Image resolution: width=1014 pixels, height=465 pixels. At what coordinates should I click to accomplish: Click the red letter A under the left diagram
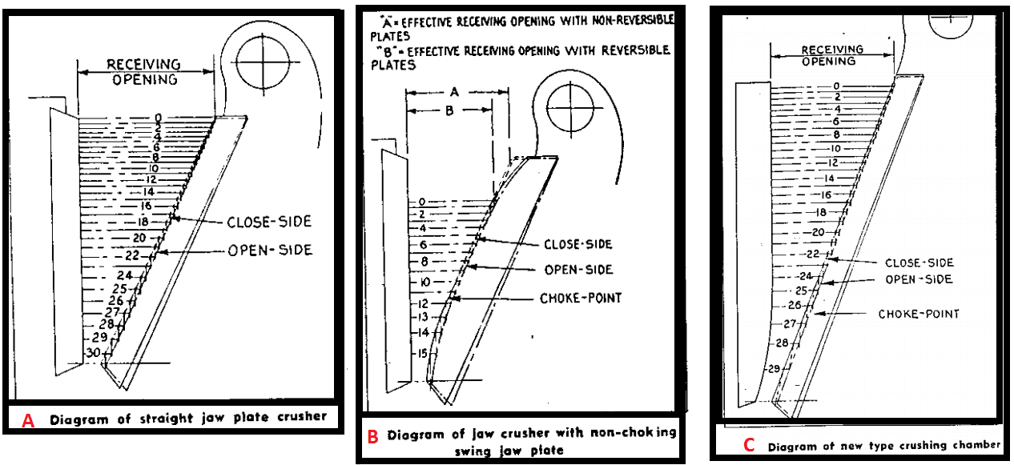(28, 420)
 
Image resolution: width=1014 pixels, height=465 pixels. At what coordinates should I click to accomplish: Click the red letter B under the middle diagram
(372, 437)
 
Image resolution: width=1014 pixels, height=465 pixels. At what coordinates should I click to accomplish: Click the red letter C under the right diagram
(748, 446)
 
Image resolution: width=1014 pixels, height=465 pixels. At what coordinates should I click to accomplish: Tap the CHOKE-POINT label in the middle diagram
(581, 299)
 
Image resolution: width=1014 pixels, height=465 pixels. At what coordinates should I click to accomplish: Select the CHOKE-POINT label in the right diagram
(918, 314)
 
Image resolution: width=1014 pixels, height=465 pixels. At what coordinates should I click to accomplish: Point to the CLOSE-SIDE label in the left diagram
(268, 222)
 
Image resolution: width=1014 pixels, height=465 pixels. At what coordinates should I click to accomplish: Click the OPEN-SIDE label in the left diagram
(270, 251)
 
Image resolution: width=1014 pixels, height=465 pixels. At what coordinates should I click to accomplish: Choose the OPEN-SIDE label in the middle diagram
(578, 270)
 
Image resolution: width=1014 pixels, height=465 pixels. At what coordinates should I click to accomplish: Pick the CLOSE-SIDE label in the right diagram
(919, 263)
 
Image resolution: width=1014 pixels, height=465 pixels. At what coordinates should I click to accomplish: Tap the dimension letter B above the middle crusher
(449, 111)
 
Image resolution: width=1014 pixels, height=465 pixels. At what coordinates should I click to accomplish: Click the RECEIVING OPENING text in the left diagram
(144, 71)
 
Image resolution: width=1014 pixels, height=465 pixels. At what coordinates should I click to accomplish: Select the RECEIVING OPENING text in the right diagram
(833, 55)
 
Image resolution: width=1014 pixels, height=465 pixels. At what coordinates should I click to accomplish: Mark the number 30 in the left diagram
(93, 352)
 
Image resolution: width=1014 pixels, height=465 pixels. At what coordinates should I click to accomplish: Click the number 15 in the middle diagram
(420, 353)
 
